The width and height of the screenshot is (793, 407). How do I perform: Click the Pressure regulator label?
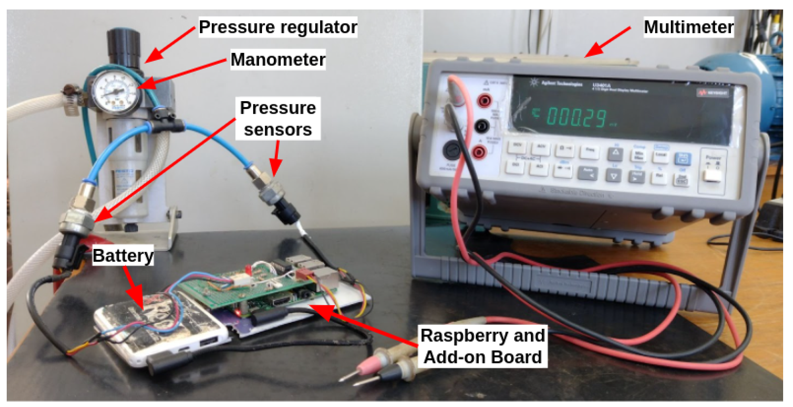point(278,27)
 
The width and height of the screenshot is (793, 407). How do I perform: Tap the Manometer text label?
point(278,60)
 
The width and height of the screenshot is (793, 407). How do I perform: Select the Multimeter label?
point(689,27)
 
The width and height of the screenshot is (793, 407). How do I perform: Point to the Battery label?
point(123,256)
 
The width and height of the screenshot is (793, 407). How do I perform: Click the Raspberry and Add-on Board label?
point(482,346)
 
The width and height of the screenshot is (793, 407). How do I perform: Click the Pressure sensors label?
point(278,119)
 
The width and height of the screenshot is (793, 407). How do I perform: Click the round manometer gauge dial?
point(115,92)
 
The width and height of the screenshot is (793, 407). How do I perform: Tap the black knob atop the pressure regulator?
point(124,45)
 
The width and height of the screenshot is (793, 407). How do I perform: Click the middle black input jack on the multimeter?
point(482,126)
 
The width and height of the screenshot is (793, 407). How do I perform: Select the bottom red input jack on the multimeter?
point(479,152)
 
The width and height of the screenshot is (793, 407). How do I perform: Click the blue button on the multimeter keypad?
point(682,159)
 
